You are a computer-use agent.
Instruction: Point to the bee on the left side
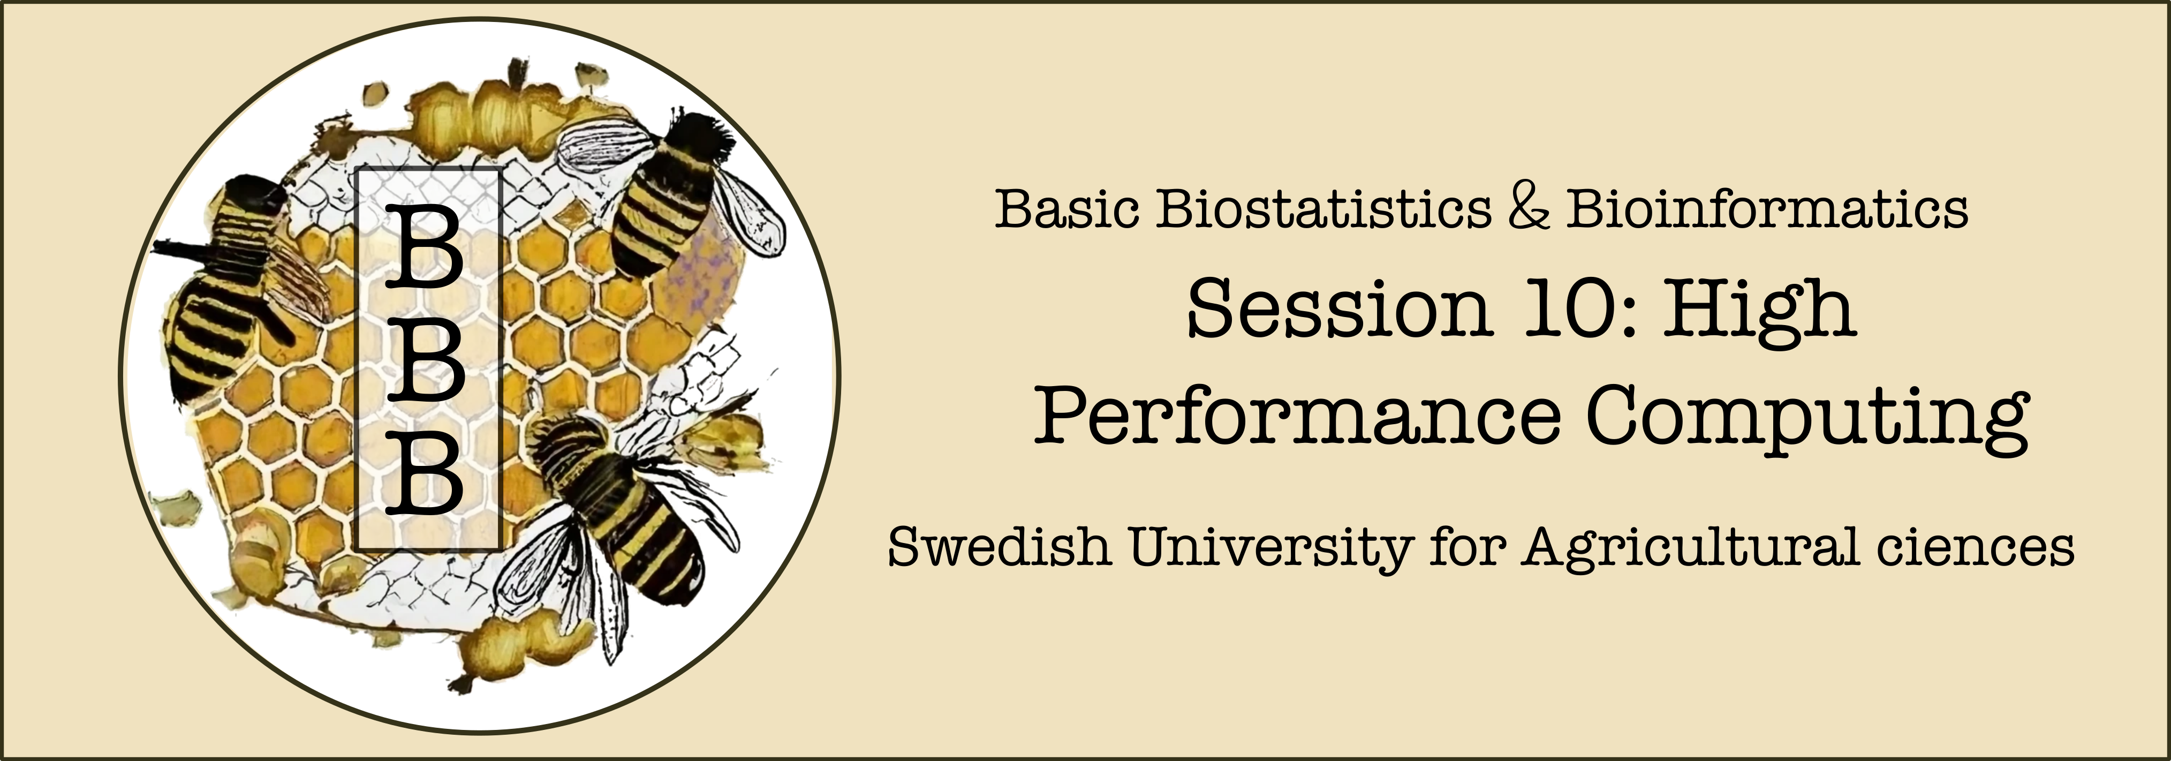[x=228, y=287]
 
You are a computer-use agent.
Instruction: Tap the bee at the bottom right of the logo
[x=624, y=514]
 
